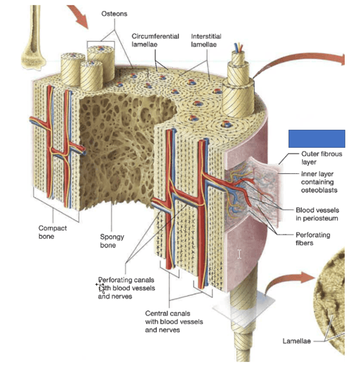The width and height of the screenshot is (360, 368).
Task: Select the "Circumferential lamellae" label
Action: tap(155, 40)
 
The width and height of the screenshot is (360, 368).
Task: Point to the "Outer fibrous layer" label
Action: tap(321, 158)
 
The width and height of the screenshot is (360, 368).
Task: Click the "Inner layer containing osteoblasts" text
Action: tap(320, 182)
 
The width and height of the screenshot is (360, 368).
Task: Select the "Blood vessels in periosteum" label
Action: tap(316, 214)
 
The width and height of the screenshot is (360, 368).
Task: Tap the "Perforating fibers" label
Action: tap(312, 239)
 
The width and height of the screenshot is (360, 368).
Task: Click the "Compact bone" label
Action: tap(53, 232)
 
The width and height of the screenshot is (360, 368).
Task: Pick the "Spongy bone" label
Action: tap(112, 241)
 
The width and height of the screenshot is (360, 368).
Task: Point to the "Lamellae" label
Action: tap(296, 341)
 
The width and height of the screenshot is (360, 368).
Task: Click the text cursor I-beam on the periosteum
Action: tap(239, 254)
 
